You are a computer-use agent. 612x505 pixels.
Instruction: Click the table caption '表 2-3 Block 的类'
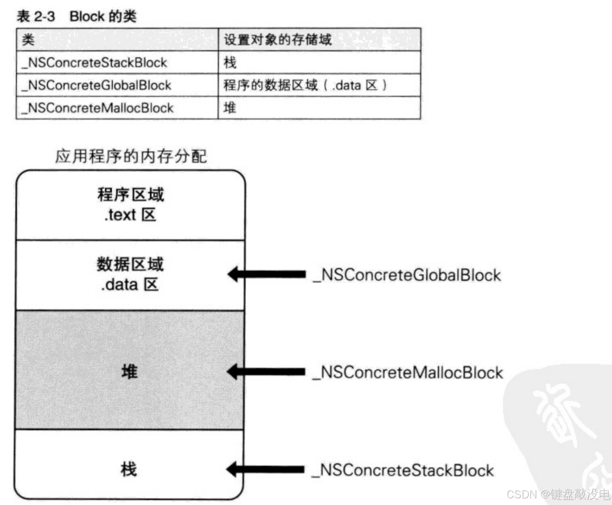click(x=76, y=16)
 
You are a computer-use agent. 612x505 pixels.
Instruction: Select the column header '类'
click(x=28, y=39)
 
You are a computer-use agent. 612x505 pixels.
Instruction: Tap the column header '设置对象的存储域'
click(x=277, y=39)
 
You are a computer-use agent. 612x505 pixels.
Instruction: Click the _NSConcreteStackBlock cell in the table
click(x=95, y=63)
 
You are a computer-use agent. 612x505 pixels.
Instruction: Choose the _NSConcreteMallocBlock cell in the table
click(x=98, y=108)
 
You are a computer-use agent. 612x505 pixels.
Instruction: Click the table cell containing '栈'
click(x=230, y=63)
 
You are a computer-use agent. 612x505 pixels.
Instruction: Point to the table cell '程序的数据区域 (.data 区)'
click(x=305, y=85)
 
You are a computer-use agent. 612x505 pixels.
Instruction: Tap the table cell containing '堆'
click(x=230, y=108)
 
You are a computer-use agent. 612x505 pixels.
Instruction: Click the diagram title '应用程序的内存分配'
click(x=131, y=156)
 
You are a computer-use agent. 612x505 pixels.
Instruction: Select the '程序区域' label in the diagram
click(x=131, y=195)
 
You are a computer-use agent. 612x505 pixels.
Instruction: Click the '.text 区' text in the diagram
click(x=131, y=215)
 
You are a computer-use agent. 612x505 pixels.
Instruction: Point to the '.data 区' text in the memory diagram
click(x=130, y=285)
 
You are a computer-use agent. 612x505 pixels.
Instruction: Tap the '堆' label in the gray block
click(x=129, y=371)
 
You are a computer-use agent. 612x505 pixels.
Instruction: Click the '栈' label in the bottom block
click(x=129, y=469)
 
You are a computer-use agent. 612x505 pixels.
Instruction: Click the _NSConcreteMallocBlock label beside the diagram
click(x=408, y=372)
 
